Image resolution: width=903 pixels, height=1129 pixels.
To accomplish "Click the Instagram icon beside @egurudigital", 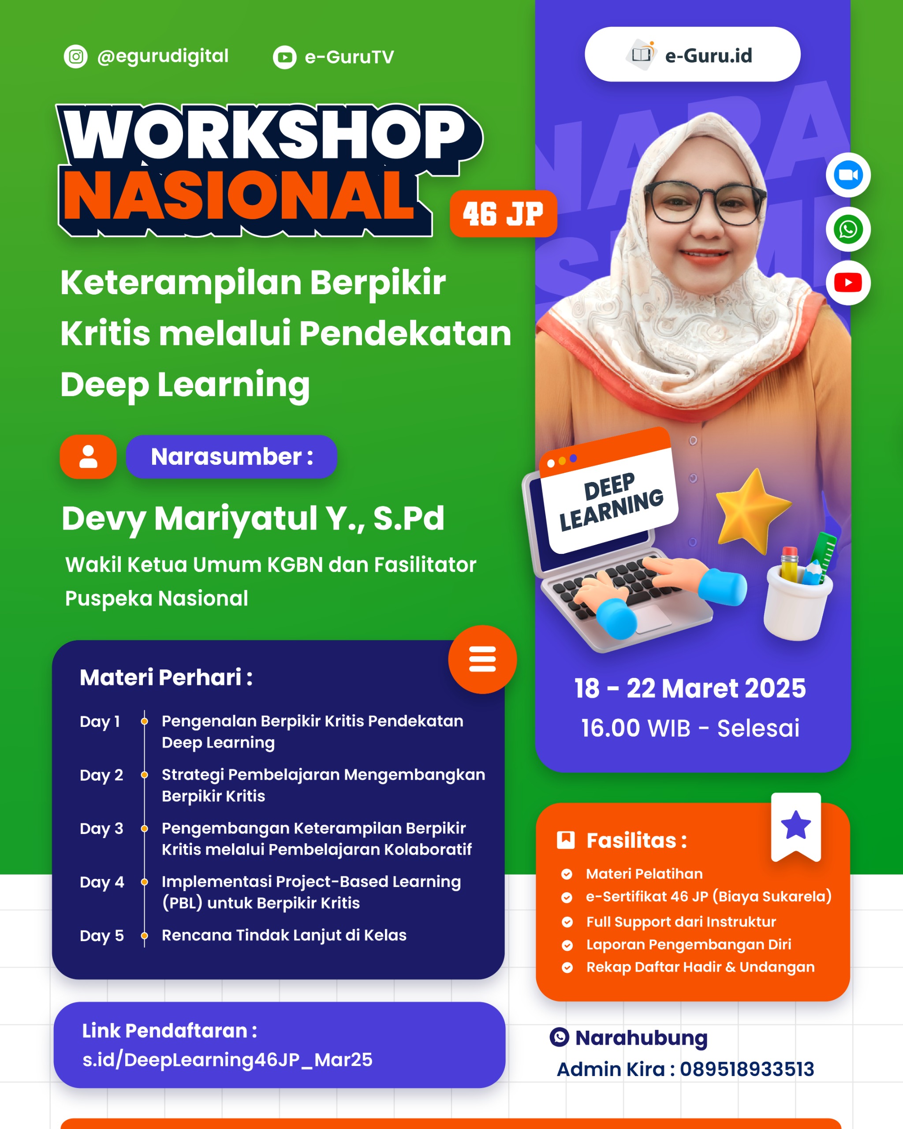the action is [76, 56].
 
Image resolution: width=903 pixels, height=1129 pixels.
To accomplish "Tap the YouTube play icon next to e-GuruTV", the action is [285, 58].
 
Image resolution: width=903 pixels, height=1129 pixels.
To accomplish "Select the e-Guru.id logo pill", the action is [692, 54].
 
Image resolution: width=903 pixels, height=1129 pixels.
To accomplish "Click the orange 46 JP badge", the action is [503, 213].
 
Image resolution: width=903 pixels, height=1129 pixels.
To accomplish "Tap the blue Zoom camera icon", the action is [848, 175].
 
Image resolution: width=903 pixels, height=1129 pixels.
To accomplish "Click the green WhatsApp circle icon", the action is [848, 229].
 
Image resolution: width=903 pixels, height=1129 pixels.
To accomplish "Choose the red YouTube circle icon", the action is [848, 283].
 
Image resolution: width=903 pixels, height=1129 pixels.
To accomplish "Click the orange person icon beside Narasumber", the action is [88, 456].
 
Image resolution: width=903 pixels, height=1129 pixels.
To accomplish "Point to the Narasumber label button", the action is [231, 456].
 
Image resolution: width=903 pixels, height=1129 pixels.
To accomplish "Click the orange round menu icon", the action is [482, 659].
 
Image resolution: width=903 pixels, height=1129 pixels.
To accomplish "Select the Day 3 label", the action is [101, 828].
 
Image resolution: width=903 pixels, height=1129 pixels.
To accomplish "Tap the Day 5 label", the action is [101, 935].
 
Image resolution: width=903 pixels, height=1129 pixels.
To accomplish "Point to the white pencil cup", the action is [797, 602].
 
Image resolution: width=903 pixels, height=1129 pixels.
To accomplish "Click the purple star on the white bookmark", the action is [796, 825].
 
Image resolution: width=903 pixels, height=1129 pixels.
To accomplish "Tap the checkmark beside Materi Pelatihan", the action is [567, 874].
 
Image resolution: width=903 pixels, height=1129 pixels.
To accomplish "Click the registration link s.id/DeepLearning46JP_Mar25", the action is [228, 1059].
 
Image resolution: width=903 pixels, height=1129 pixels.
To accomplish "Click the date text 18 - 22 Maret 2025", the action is [690, 688].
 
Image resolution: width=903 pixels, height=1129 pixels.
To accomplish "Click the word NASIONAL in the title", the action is [239, 196].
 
